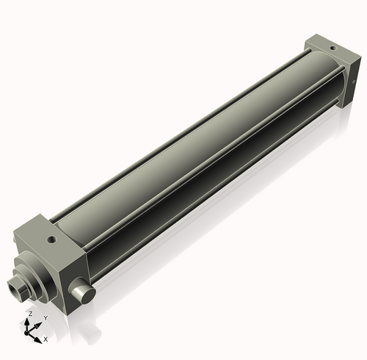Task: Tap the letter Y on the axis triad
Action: (x=46, y=317)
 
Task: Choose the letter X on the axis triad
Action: (x=46, y=339)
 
